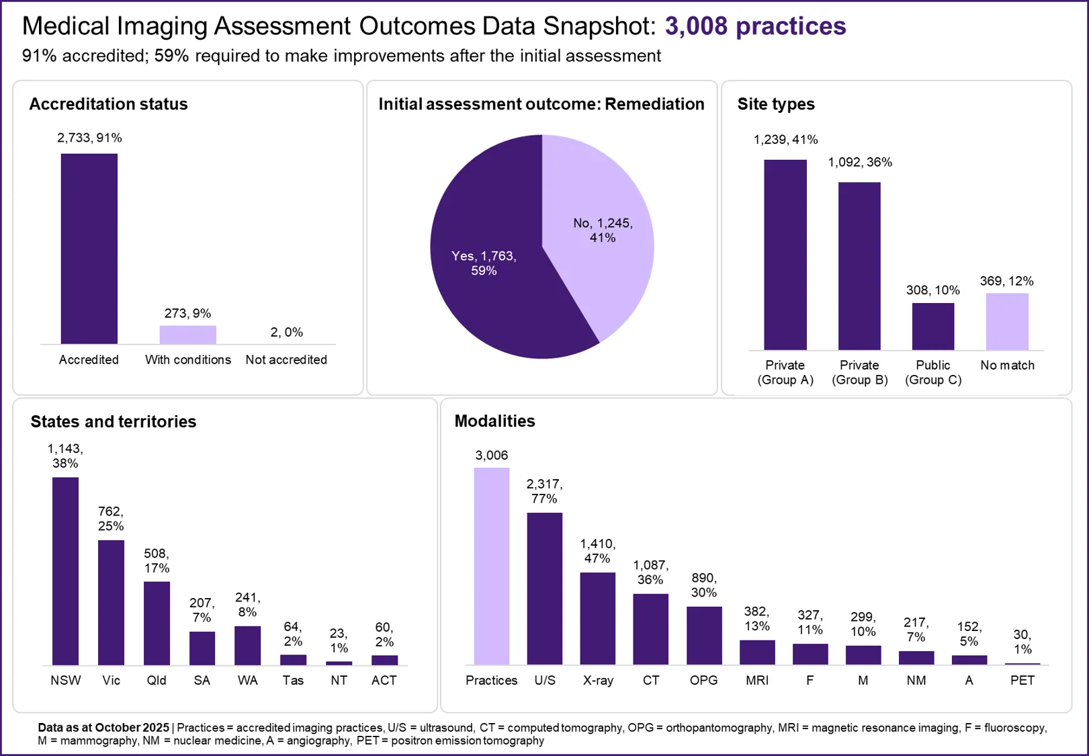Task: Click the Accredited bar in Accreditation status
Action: click(x=89, y=249)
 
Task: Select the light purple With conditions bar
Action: click(x=187, y=335)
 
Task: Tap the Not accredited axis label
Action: click(x=286, y=360)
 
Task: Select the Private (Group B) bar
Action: click(x=859, y=265)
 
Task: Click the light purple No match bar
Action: click(x=1007, y=321)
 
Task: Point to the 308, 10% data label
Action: click(x=932, y=290)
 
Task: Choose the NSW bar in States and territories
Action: click(x=65, y=571)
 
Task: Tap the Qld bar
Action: click(x=157, y=623)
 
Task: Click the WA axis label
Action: click(x=247, y=680)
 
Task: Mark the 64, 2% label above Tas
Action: click(x=293, y=634)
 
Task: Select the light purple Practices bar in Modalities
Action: click(x=491, y=566)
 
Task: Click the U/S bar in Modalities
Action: click(x=544, y=588)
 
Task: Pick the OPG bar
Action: click(x=703, y=635)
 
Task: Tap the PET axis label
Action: click(x=1022, y=680)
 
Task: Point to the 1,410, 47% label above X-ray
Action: click(x=597, y=551)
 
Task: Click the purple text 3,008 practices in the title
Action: click(x=755, y=26)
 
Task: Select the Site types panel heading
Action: click(x=775, y=104)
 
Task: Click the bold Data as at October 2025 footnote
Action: click(x=103, y=727)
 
